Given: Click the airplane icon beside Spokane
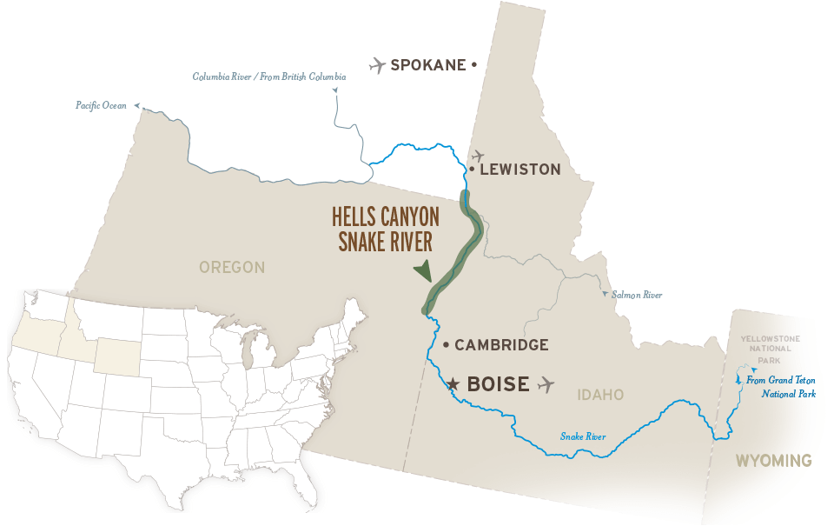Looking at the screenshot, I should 376,64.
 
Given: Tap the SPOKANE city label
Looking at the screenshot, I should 428,65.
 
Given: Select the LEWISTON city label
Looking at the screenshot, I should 520,170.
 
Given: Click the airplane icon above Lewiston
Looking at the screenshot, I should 476,156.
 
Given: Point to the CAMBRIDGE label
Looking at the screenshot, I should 501,345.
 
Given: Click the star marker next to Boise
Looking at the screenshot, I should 452,383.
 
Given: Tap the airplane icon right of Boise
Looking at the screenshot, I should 546,383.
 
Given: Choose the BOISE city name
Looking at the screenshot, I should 498,383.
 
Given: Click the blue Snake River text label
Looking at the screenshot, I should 583,436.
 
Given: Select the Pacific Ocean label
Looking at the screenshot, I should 101,105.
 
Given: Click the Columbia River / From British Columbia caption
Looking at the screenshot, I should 269,77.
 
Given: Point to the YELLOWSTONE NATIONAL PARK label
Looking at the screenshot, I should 765,350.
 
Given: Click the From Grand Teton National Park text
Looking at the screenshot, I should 781,387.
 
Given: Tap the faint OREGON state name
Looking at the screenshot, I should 233,267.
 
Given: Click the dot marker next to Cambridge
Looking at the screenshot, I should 446,345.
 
